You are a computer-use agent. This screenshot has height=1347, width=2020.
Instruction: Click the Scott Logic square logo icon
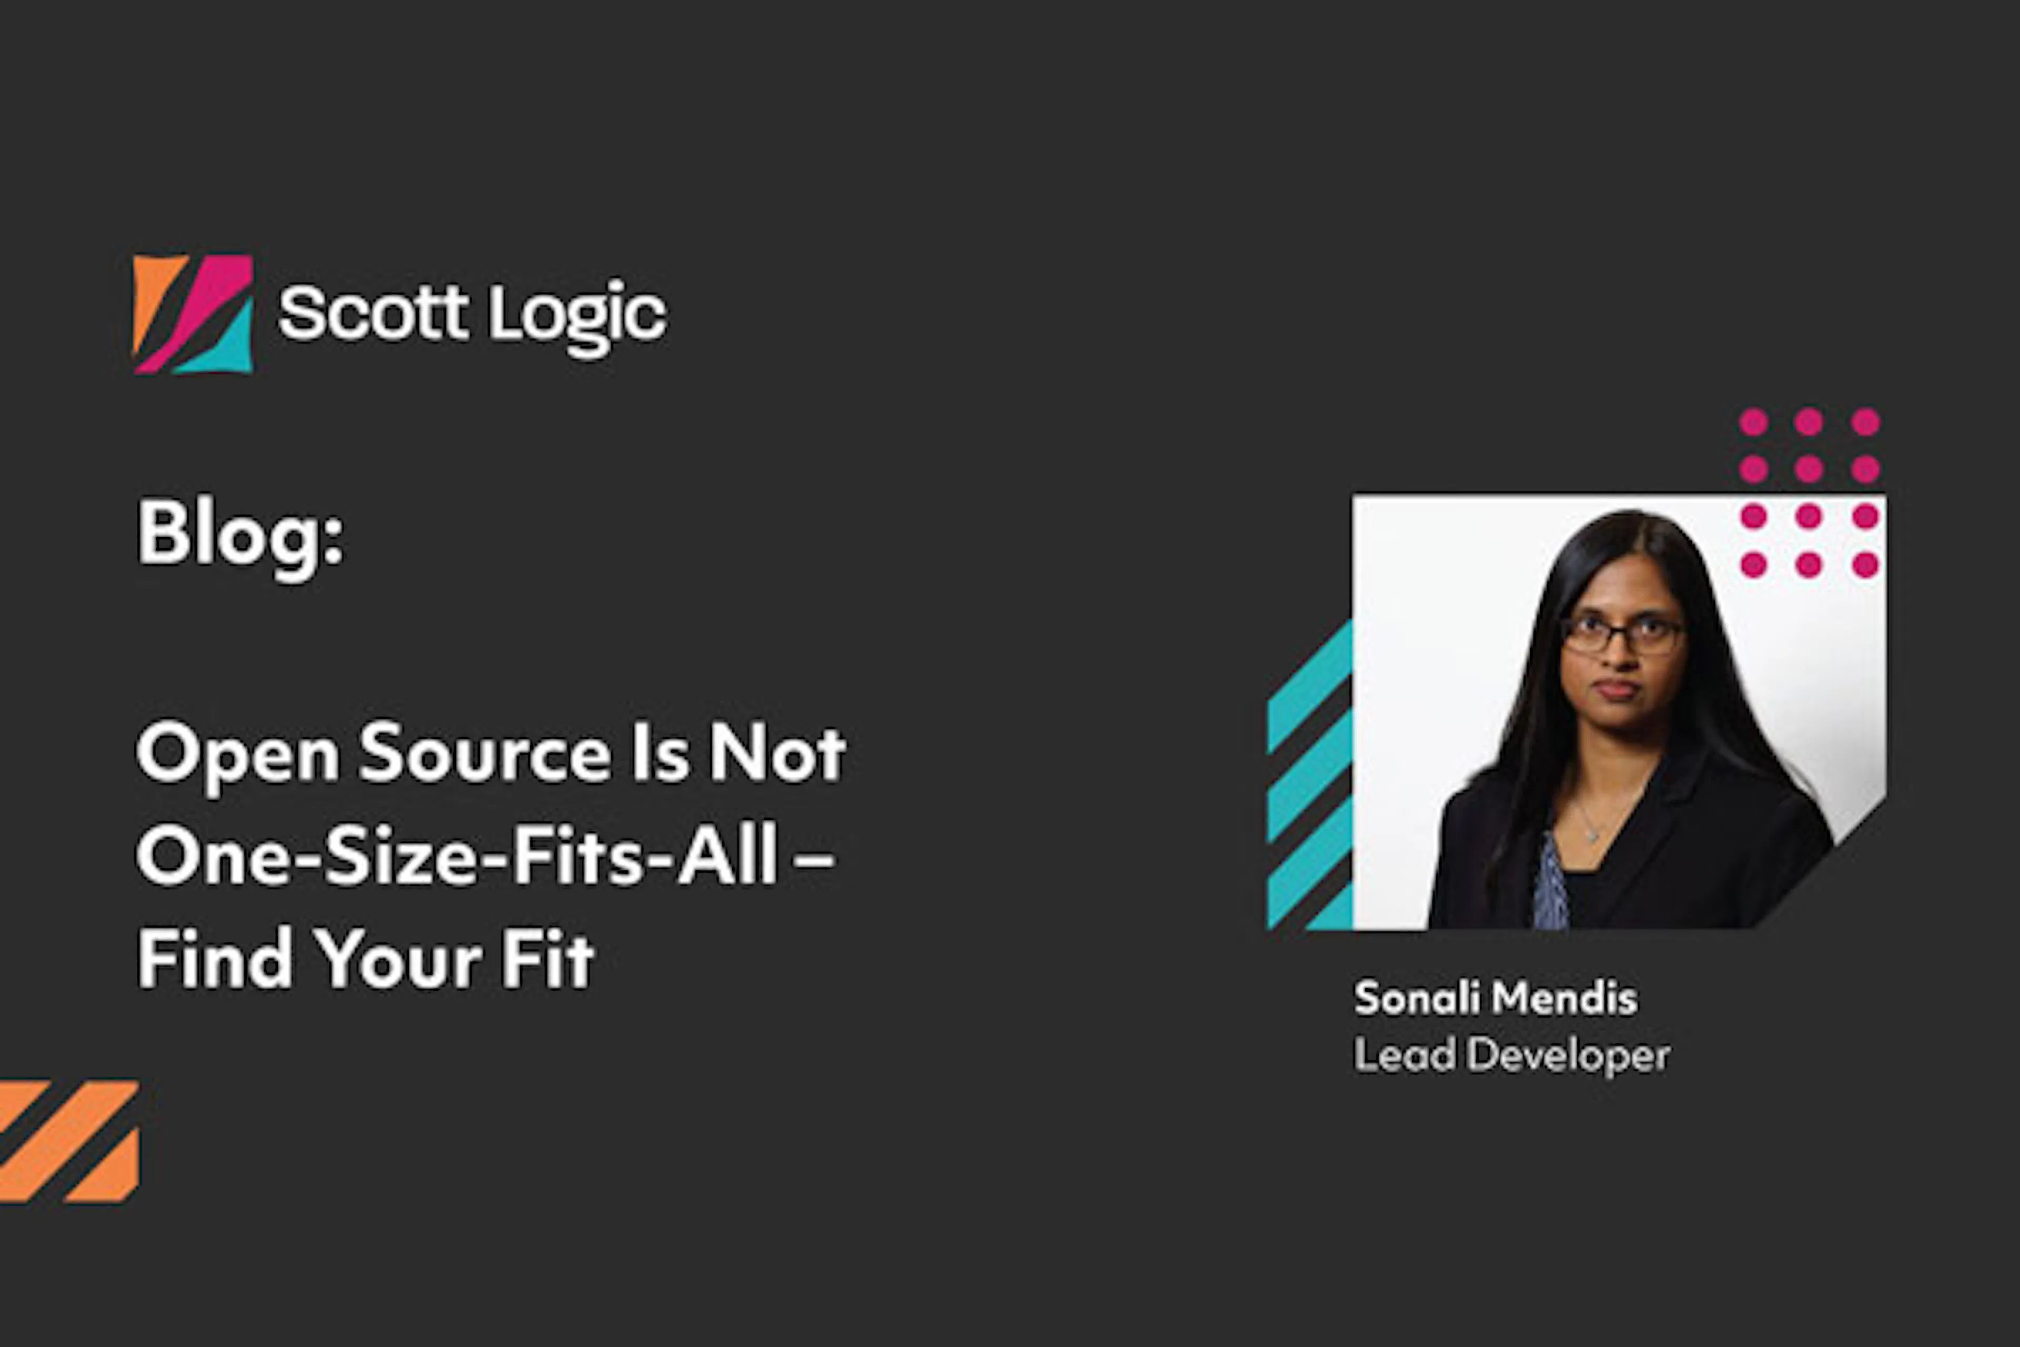[x=193, y=314]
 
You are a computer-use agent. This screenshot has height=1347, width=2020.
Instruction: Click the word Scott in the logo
[x=373, y=314]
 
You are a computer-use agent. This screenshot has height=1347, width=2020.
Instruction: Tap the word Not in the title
[x=777, y=753]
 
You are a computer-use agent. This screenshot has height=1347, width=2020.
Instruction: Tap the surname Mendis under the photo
[x=1565, y=998]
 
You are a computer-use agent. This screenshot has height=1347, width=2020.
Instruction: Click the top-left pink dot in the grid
[x=1754, y=422]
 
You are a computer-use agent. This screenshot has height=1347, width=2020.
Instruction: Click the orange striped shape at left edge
[x=69, y=1141]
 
